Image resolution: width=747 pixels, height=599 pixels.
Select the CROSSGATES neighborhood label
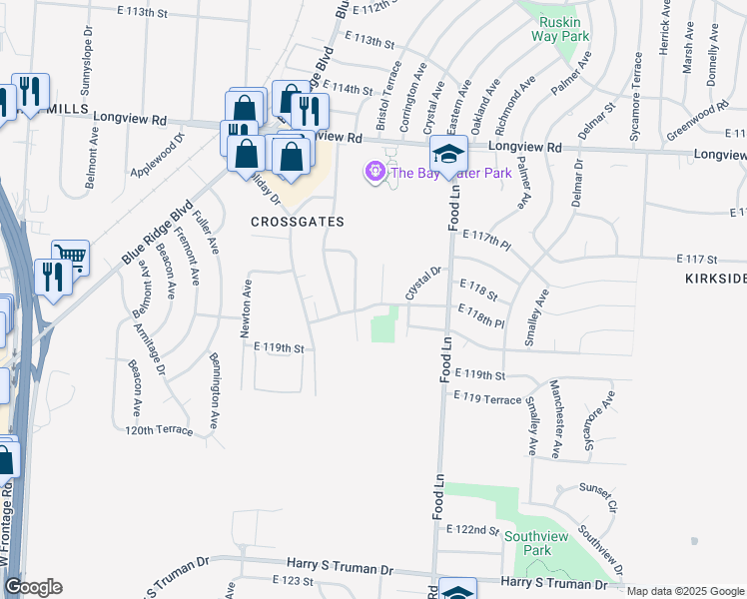click(x=298, y=222)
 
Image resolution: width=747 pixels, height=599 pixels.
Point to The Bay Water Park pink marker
click(x=375, y=173)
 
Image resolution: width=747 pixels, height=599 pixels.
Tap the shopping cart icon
click(x=70, y=258)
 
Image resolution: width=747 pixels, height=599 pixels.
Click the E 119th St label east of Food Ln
click(x=480, y=374)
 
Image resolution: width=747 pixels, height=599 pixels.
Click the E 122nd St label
click(x=472, y=528)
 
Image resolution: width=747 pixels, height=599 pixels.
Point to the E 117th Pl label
click(x=486, y=239)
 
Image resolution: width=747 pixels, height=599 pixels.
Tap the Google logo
click(x=33, y=587)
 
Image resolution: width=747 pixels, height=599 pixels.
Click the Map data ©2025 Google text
click(x=684, y=591)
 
